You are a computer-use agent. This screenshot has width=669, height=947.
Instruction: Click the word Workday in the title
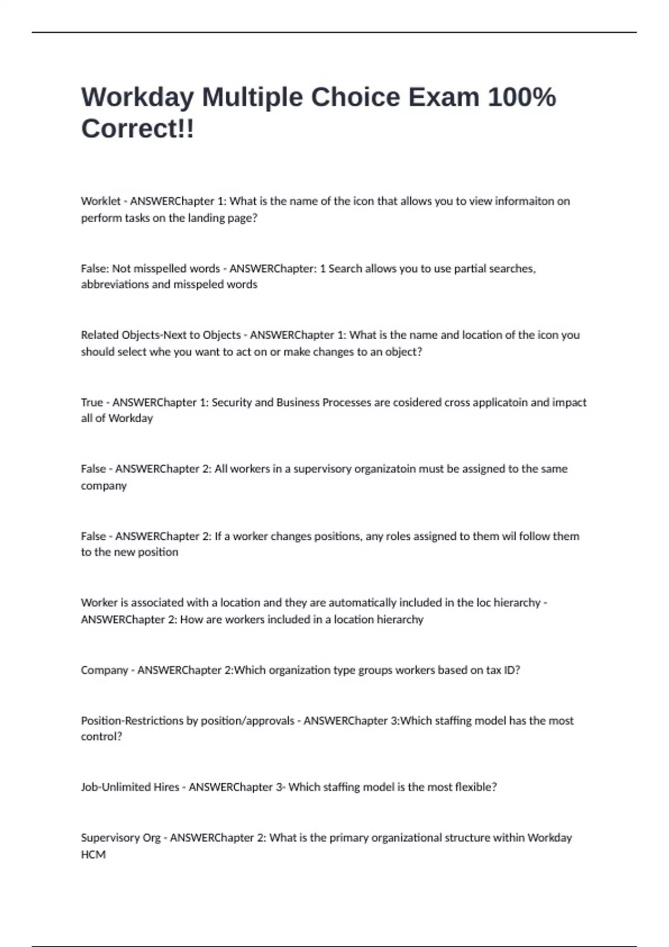coord(137,98)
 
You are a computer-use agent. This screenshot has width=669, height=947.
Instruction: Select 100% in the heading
coord(522,97)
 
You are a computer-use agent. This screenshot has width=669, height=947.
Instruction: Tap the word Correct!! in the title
coord(138,129)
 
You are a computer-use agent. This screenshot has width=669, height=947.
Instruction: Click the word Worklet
coord(100,201)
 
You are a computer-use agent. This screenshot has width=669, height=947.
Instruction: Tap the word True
coord(92,402)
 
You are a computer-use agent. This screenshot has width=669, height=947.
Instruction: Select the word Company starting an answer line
coord(104,670)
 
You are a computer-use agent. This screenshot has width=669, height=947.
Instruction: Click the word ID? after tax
coord(511,670)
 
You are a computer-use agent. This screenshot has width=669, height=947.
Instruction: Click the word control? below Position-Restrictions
coord(101,736)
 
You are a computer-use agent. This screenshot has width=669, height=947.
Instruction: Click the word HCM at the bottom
coord(93,855)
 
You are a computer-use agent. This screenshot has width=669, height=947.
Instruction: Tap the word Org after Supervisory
coord(151,838)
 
